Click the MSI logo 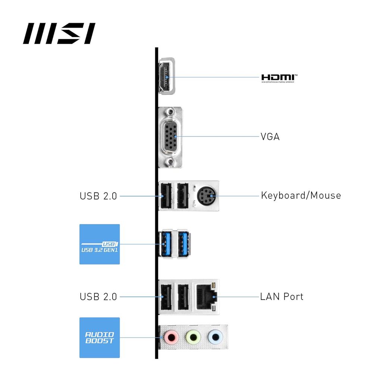[x=59, y=34]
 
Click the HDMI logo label [x=279, y=78]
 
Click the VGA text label [x=270, y=137]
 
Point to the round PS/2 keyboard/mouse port [x=206, y=195]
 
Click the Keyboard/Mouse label [x=301, y=195]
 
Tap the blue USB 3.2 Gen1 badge [x=100, y=244]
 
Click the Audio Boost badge [x=100, y=338]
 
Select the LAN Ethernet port [x=206, y=297]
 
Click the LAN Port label [x=282, y=297]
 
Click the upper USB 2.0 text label [x=98, y=195]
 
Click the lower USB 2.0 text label [x=98, y=297]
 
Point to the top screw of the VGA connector [x=170, y=111]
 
